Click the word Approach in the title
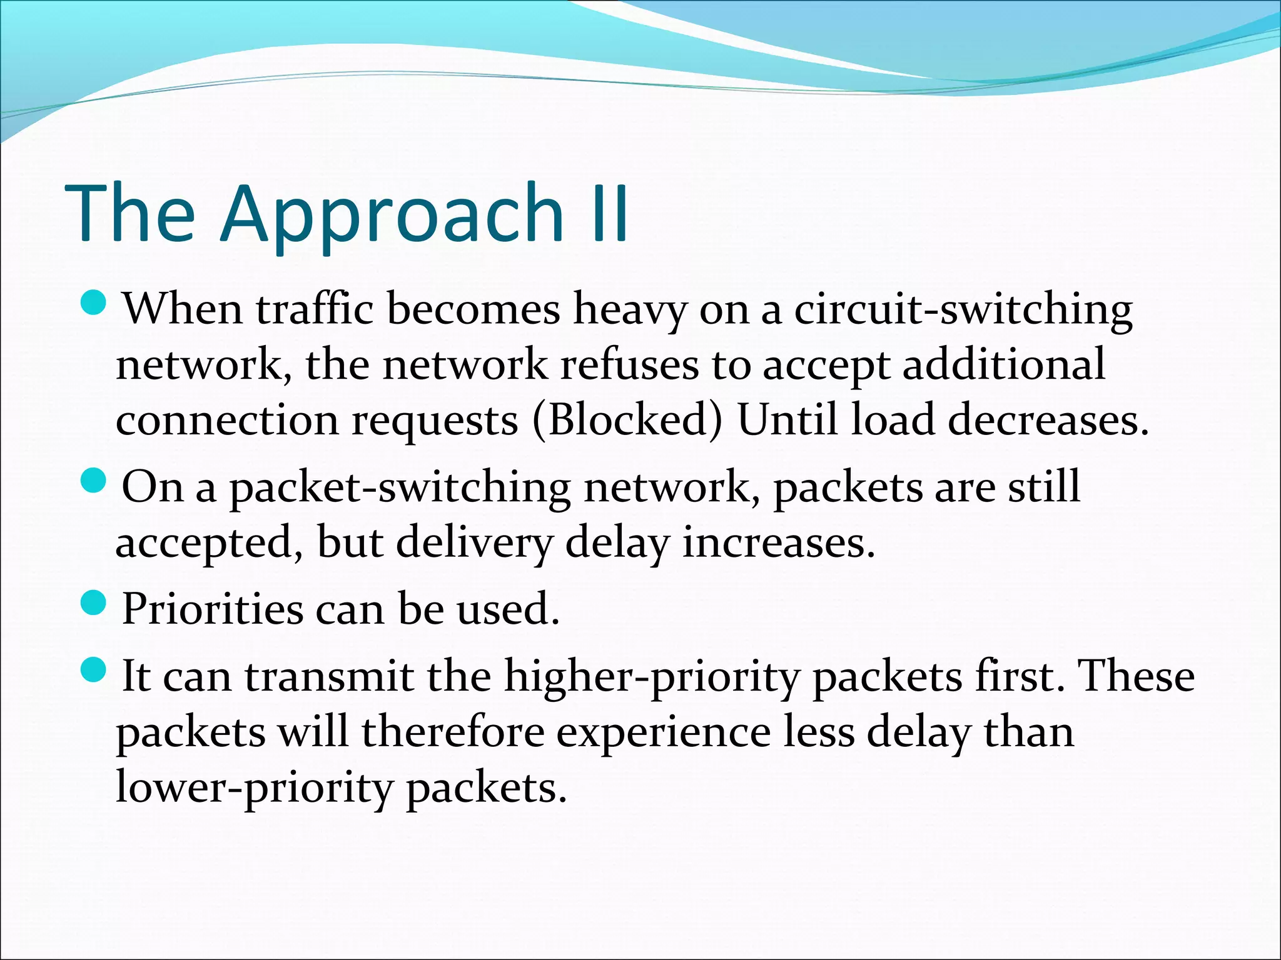click(x=392, y=214)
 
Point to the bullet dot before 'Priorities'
click(x=95, y=602)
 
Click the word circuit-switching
click(x=963, y=309)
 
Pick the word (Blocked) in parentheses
click(x=627, y=419)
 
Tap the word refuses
click(x=629, y=364)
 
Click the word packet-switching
click(x=400, y=487)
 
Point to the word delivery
click(x=474, y=542)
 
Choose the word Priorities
click(x=212, y=609)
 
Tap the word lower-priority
click(x=254, y=787)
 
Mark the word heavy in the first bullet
click(x=630, y=310)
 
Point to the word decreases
click(x=1048, y=419)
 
